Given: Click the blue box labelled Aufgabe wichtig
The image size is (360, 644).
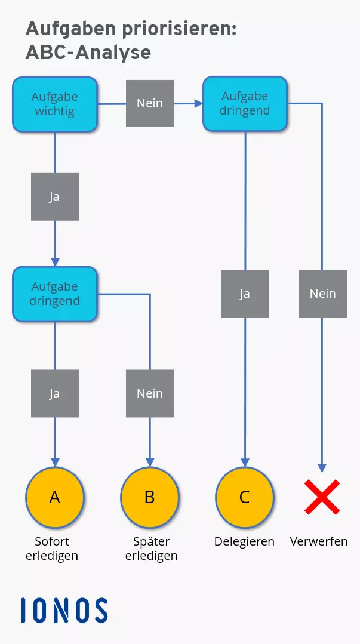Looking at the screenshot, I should click(55, 104).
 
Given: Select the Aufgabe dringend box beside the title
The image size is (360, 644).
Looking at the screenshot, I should click(245, 103).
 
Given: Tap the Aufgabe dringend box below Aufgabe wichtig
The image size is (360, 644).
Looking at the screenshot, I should click(55, 294).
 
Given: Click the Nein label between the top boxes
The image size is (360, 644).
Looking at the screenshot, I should click(150, 103).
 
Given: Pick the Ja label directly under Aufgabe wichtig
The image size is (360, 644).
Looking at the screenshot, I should click(55, 197).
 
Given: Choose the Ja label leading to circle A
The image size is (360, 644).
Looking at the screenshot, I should click(55, 393).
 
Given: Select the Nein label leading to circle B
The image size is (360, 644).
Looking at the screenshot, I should click(150, 393).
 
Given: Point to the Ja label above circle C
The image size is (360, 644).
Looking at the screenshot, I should click(245, 294).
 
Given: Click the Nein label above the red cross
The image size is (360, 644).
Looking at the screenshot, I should click(322, 294).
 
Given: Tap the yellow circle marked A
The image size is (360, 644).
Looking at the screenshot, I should click(55, 497).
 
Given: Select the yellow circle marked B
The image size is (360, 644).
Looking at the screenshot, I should click(150, 497).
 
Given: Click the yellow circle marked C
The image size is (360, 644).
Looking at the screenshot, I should click(245, 497).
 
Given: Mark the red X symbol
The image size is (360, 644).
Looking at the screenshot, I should click(322, 497).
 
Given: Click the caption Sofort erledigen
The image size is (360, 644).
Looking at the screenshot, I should click(52, 549).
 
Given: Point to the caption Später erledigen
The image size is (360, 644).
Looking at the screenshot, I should click(151, 549).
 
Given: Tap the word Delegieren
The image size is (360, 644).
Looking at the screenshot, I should click(245, 542).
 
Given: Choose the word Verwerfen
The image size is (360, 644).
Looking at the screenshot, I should click(319, 542).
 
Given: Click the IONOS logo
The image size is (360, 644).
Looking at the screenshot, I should click(64, 611).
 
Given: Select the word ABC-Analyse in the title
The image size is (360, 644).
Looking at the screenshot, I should click(88, 53).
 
